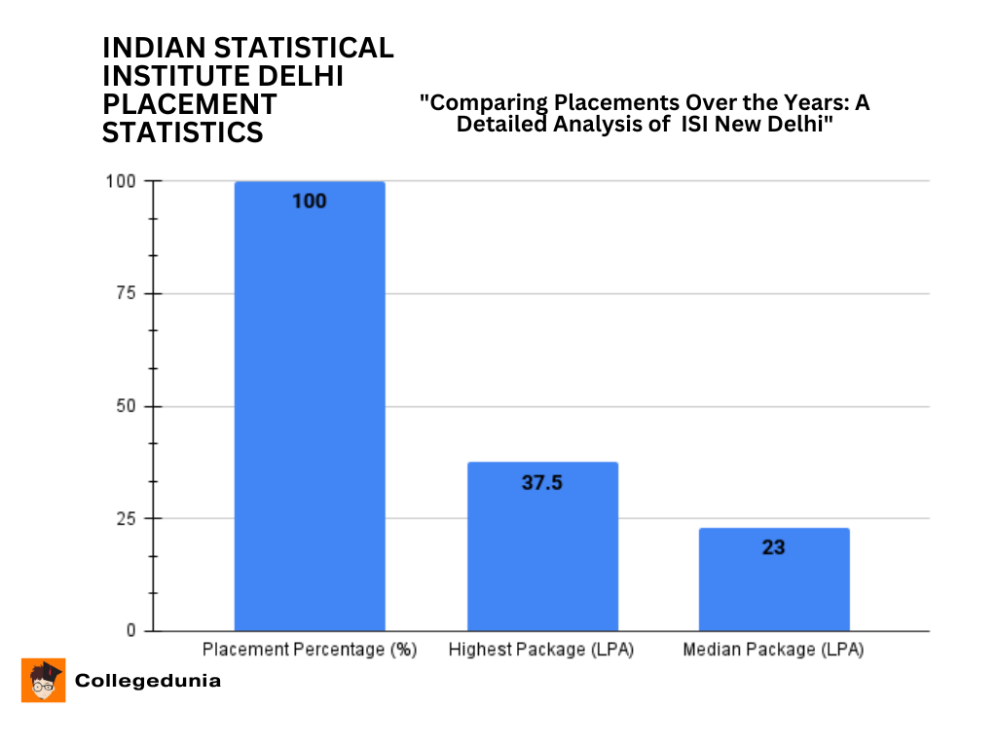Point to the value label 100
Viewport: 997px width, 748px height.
310,202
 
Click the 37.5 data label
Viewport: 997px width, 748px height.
542,482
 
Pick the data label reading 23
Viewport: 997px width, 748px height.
774,547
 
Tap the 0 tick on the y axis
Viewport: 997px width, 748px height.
129,631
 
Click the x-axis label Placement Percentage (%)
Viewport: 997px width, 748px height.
310,650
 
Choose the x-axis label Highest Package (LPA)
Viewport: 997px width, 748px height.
541,650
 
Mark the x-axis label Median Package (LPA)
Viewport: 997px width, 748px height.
774,650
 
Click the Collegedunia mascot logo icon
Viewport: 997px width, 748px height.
44,680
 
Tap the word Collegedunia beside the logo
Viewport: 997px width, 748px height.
148,681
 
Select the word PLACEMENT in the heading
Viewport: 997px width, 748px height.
190,104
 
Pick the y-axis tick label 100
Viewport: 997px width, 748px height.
121,181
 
